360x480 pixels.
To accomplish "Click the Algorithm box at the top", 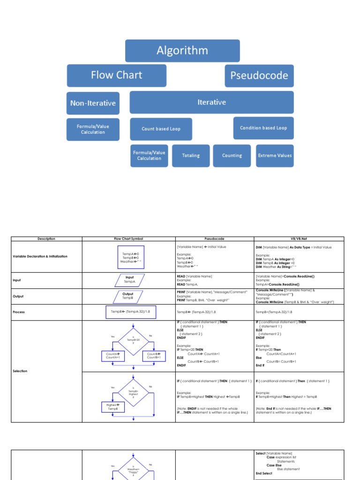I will click(x=182, y=51).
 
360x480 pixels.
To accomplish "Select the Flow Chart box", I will click(x=116, y=75).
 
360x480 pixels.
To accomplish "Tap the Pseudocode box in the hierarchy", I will click(x=259, y=76).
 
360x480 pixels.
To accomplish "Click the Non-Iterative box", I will click(x=93, y=103).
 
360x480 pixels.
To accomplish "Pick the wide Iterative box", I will click(x=211, y=102).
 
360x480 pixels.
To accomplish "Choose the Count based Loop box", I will click(x=161, y=129).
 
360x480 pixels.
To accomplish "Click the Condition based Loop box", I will click(x=263, y=128).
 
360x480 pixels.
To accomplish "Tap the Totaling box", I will click(x=190, y=156).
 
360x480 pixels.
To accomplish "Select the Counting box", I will click(x=232, y=156).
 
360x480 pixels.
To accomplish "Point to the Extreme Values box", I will click(x=275, y=156).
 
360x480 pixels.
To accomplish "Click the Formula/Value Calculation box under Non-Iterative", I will click(x=93, y=129).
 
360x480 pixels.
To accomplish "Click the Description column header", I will click(x=46, y=239).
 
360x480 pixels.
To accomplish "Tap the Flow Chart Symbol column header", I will click(x=129, y=239).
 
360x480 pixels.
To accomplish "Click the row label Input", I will click(x=17, y=280).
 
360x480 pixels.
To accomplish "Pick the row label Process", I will click(x=19, y=312).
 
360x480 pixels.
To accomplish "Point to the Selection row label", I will click(x=20, y=371).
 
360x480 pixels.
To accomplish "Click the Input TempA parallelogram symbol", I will click(x=129, y=280).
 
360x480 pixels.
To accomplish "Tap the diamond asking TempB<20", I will click(x=133, y=340).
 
